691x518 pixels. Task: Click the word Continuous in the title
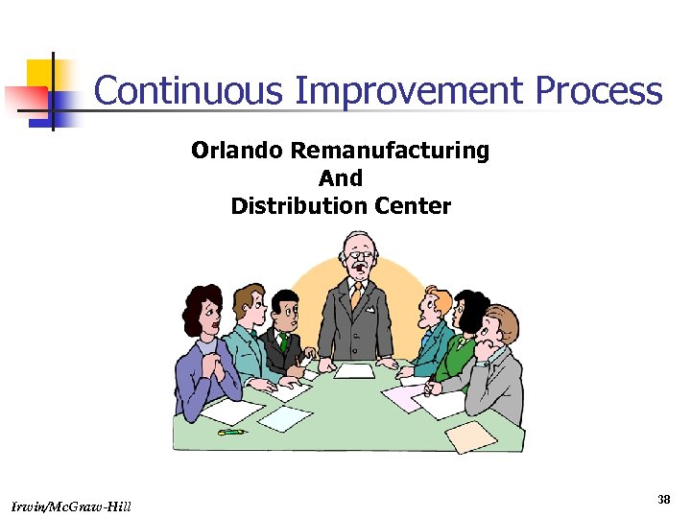[x=189, y=92]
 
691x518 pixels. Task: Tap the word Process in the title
[x=599, y=92]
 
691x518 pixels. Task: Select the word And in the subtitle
[x=341, y=178]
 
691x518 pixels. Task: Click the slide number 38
[x=663, y=499]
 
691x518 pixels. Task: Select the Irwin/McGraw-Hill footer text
[x=73, y=506]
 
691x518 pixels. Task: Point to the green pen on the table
[x=231, y=433]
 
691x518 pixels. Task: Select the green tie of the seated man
[x=284, y=341]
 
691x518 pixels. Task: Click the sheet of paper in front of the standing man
[x=354, y=370]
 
